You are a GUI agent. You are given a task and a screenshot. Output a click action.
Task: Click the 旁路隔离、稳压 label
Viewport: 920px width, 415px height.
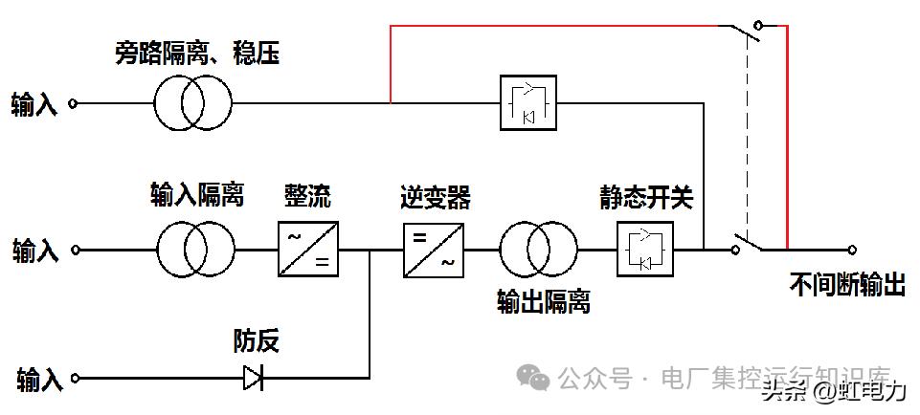pos(197,55)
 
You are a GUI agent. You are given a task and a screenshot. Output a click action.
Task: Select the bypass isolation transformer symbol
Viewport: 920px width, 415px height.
pos(193,103)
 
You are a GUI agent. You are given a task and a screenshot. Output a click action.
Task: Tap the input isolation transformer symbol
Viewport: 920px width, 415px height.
pos(196,251)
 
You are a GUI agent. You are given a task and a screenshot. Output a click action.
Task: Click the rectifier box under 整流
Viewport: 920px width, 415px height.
pos(308,250)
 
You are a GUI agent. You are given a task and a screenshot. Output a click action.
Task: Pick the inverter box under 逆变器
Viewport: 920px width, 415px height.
pos(433,250)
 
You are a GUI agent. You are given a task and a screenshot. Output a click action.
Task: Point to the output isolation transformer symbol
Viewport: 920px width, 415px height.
pos(538,251)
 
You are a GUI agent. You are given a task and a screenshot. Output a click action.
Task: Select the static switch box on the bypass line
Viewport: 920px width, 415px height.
pos(529,102)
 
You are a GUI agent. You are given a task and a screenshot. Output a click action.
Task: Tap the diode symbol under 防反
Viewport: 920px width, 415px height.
pos(253,378)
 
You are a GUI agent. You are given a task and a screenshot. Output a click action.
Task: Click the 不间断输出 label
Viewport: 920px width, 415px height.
pos(847,284)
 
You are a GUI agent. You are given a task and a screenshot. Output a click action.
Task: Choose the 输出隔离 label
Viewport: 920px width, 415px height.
pos(543,302)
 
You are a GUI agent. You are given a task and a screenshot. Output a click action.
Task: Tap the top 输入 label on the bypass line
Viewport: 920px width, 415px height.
pos(34,104)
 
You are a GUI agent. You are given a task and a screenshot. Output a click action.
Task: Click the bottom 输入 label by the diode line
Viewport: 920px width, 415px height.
pos(39,380)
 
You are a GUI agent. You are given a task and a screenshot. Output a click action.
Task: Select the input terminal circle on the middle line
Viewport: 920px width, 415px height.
pos(76,251)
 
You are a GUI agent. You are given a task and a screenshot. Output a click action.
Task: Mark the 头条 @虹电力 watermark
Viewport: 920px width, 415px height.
pos(833,391)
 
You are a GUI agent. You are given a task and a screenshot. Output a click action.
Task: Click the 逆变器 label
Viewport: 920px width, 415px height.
pos(435,198)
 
